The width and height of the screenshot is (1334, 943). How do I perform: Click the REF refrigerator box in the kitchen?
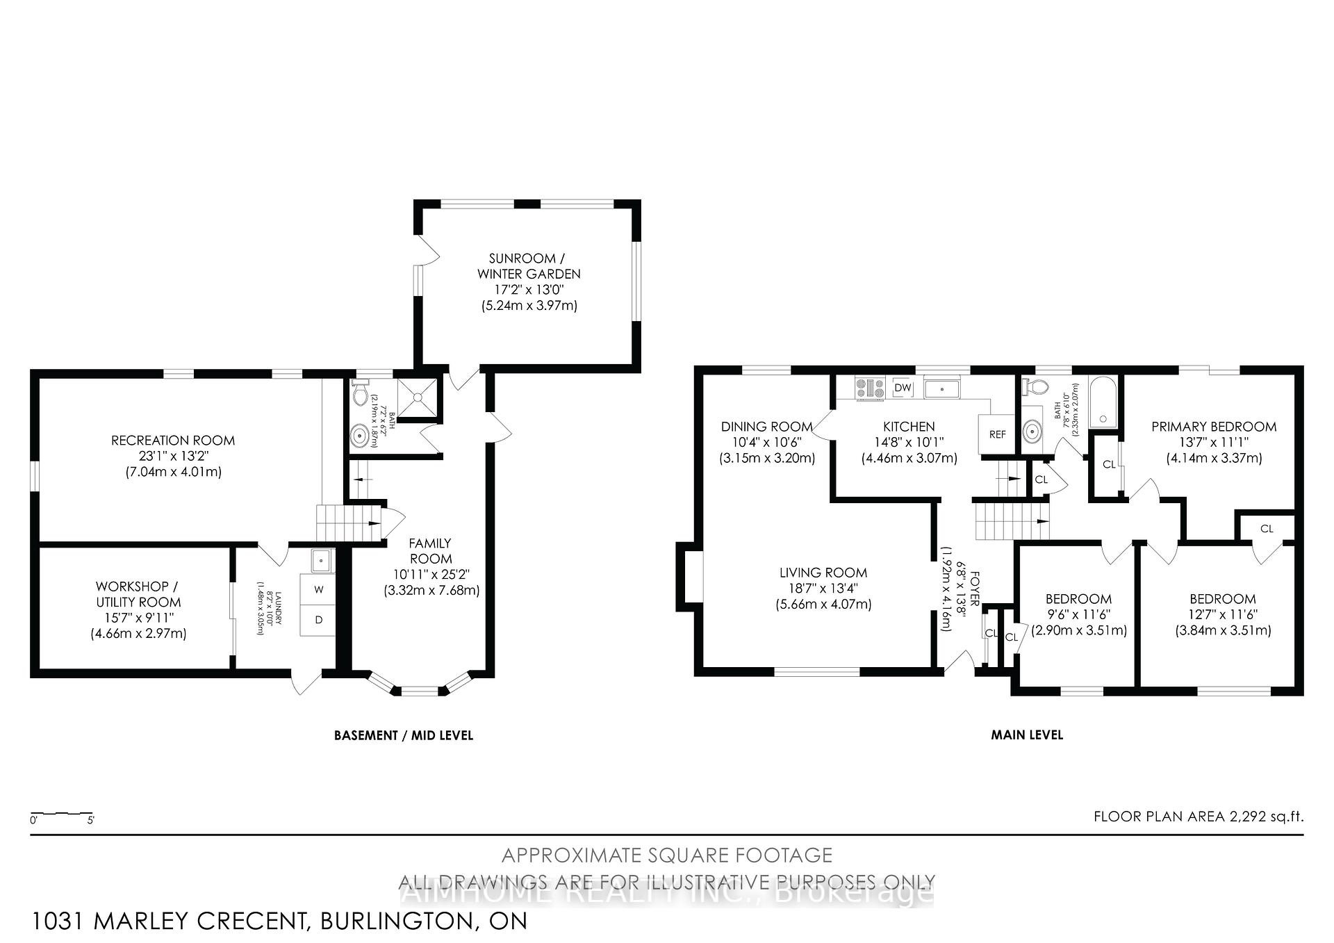coord(997,434)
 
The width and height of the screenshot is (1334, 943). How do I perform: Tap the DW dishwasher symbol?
coord(903,388)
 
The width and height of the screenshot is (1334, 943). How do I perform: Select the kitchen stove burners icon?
coord(870,388)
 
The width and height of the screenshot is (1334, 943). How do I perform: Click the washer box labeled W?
coord(319,589)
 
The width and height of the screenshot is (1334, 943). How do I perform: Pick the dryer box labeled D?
coord(319,620)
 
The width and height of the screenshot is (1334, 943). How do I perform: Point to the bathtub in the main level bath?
coord(1103,403)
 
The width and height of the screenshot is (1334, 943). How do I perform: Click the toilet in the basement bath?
coord(360,393)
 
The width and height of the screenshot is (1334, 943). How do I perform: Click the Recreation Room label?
coord(173,441)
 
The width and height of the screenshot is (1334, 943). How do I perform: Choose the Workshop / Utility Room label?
coord(138,594)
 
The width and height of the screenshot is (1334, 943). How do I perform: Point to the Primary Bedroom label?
coord(1214,427)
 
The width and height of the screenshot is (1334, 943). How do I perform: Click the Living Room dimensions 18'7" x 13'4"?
coord(823,589)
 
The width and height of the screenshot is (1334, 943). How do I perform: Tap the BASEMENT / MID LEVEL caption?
coord(404,735)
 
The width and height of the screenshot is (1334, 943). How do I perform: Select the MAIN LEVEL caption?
coord(1026,735)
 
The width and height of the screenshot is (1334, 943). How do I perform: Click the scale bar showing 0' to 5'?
coord(62,814)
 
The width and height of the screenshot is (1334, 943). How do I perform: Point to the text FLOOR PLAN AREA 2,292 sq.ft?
coord(1198,817)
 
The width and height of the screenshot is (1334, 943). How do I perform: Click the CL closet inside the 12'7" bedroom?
coord(1267,529)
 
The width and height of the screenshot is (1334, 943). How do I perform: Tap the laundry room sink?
coord(322,560)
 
